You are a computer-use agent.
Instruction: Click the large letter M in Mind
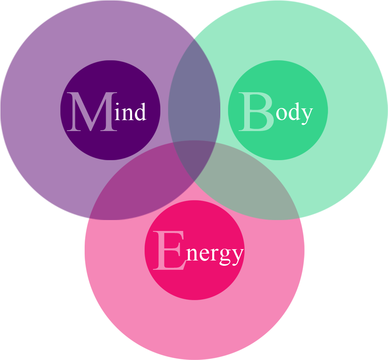[x=92, y=112]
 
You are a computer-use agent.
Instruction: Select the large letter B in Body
[x=256, y=112]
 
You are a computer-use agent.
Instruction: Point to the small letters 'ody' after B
[x=294, y=113]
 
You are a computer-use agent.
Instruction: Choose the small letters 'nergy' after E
[x=215, y=254]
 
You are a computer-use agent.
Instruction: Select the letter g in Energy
[x=225, y=257]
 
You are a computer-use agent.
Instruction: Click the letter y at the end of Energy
[x=238, y=257]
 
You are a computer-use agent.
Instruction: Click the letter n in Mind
[x=127, y=114]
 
